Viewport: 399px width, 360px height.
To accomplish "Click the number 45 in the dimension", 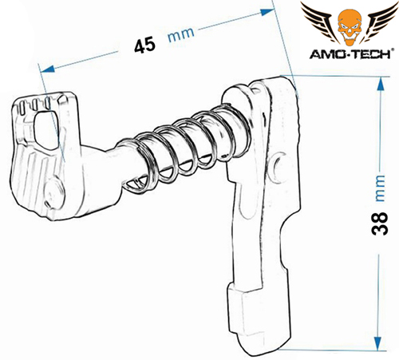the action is tap(144, 45).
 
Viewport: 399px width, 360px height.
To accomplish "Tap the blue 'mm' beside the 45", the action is tap(181, 34).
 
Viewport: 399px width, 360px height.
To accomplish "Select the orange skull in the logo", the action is tap(350, 26).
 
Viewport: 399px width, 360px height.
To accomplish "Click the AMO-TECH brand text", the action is tap(349, 54).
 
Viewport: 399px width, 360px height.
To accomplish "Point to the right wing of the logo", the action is tap(379, 21).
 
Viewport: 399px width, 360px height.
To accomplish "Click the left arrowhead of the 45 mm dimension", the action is tap(48, 69).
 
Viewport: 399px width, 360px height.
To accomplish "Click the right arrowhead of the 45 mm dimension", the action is tap(267, 12).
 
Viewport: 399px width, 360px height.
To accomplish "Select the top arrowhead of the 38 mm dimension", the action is tap(381, 84).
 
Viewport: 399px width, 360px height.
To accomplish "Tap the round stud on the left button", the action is tap(54, 193).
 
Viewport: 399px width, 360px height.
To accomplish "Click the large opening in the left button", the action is tap(46, 130).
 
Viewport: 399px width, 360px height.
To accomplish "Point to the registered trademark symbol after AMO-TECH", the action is tap(390, 50).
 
